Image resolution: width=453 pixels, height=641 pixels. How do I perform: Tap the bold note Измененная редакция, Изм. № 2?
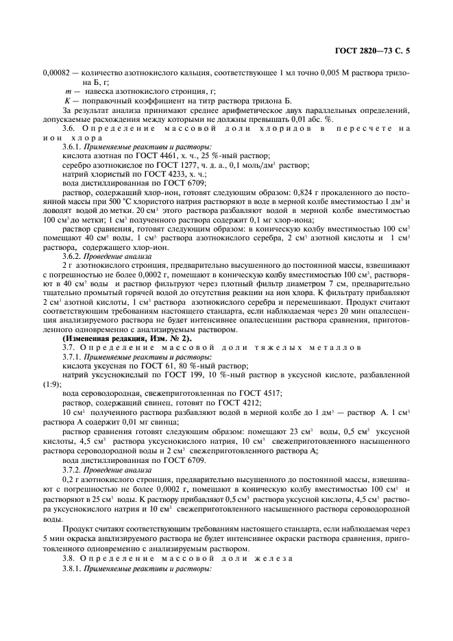point(127,338)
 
